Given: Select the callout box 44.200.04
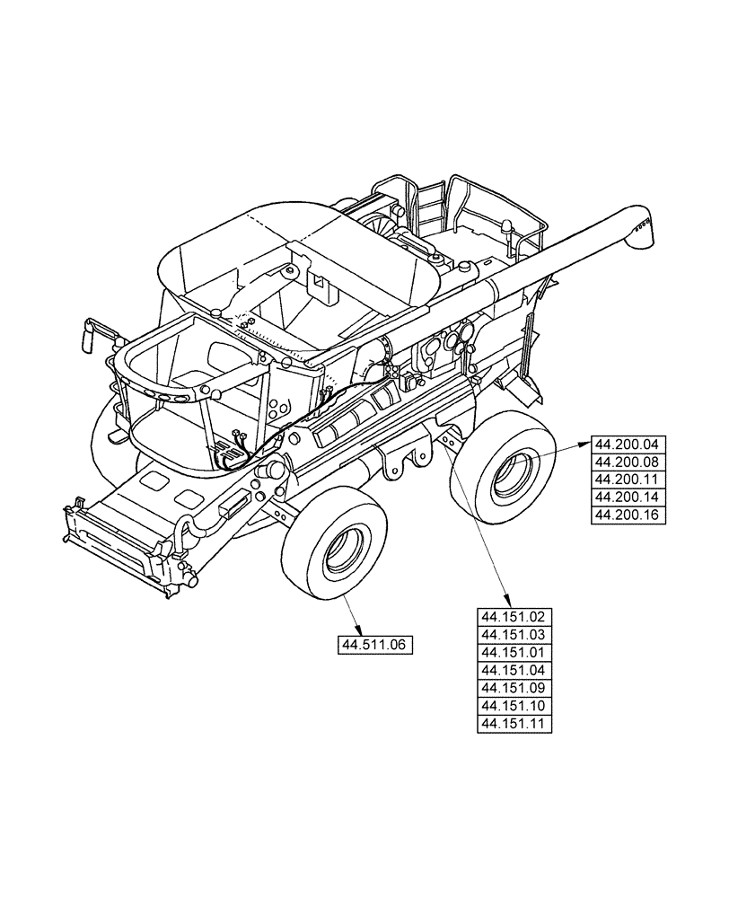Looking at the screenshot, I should [x=627, y=444].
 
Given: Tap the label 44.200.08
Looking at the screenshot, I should [x=627, y=462].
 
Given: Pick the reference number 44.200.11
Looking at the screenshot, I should [x=627, y=480].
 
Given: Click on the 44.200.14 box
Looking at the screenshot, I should [x=627, y=497].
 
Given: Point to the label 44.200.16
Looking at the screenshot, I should [x=627, y=515].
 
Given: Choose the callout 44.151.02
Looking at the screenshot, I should [x=514, y=617].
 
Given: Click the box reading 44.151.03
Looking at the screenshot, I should [x=514, y=635].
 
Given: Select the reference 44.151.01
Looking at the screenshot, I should [x=514, y=653].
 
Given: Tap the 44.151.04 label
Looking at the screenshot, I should [x=514, y=671].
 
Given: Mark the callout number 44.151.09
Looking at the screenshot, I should [x=514, y=689].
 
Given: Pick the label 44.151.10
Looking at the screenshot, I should [x=514, y=706].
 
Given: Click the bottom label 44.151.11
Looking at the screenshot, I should [x=514, y=724].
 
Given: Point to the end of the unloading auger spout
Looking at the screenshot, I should [x=643, y=227].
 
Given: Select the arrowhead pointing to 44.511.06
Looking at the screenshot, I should [x=361, y=630].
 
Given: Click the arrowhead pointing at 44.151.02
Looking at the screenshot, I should [x=509, y=603].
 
